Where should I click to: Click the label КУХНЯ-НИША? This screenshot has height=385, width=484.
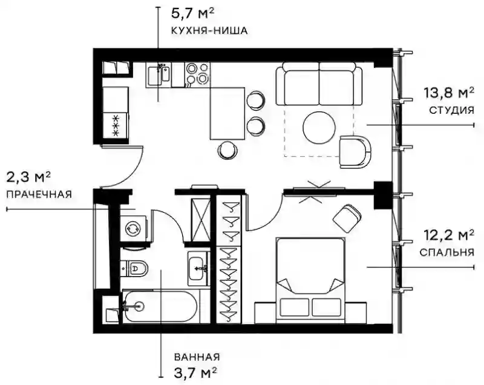pos(209,30)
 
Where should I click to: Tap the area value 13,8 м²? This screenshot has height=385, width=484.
pos(449,93)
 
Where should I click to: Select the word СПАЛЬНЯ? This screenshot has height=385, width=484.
pos(446,252)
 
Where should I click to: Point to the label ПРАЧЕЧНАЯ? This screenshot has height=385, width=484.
pos(39,194)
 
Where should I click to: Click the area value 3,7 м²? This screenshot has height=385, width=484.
pos(194,373)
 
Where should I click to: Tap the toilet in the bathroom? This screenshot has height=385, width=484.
pos(134,268)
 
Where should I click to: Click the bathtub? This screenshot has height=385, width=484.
pos(160,306)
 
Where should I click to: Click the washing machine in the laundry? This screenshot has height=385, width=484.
pos(133,228)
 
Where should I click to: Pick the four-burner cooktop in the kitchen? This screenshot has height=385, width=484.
pos(198,73)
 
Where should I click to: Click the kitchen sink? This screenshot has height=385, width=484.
pos(159,74)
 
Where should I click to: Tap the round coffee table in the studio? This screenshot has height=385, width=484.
pos(319,127)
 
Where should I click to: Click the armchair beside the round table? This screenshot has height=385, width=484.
pos(355,151)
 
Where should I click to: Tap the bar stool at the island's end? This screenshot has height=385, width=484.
pos(228,149)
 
